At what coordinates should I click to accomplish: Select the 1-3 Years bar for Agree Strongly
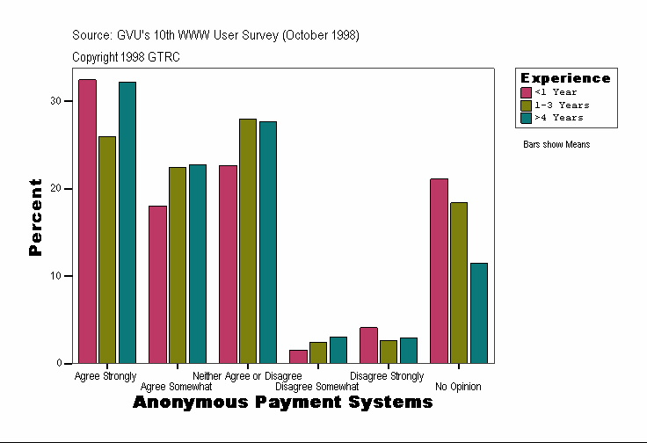[x=107, y=250]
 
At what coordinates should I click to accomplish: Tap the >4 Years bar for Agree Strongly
[x=127, y=222]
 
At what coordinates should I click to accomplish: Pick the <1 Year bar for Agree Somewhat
[x=157, y=285]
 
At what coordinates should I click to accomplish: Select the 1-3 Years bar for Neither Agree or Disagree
[x=248, y=241]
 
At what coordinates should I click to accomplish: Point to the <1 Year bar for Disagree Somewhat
[x=298, y=357]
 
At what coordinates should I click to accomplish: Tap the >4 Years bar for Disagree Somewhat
[x=338, y=350]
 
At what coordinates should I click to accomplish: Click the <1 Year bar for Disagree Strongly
[x=368, y=345]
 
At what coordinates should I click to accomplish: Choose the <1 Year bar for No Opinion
[x=439, y=271]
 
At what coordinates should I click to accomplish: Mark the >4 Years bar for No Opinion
[x=479, y=313]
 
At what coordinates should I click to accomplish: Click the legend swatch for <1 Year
[x=527, y=92]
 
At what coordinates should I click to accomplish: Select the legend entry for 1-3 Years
[x=556, y=105]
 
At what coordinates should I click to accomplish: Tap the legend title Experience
[x=565, y=78]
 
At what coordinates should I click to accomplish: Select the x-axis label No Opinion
[x=458, y=387]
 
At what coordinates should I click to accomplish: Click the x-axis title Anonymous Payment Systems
[x=283, y=403]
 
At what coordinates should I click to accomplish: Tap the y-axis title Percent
[x=35, y=216]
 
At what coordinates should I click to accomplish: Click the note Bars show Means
[x=556, y=145]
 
